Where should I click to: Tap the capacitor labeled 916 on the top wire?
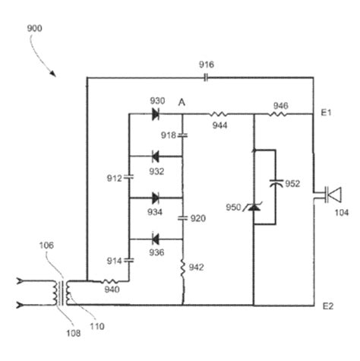click(x=206, y=76)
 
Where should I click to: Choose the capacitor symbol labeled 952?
click(x=274, y=182)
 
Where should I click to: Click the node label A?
click(x=182, y=101)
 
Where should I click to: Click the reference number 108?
click(x=71, y=331)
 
